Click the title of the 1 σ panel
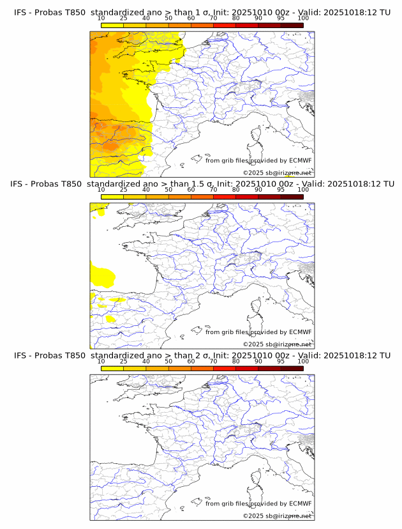point(202,11)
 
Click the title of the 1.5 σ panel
point(202,183)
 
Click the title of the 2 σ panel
point(202,355)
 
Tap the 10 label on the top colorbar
point(101,18)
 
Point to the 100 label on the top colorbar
point(303,18)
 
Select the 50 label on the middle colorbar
point(168,190)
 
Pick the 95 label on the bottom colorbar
point(281,362)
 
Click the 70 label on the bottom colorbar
point(213,362)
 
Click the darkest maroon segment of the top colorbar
point(292,25)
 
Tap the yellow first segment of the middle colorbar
point(112,197)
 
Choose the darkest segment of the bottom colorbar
point(292,369)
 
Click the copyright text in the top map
point(277,172)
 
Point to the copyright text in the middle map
point(277,344)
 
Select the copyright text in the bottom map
point(277,516)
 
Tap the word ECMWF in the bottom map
point(301,504)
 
